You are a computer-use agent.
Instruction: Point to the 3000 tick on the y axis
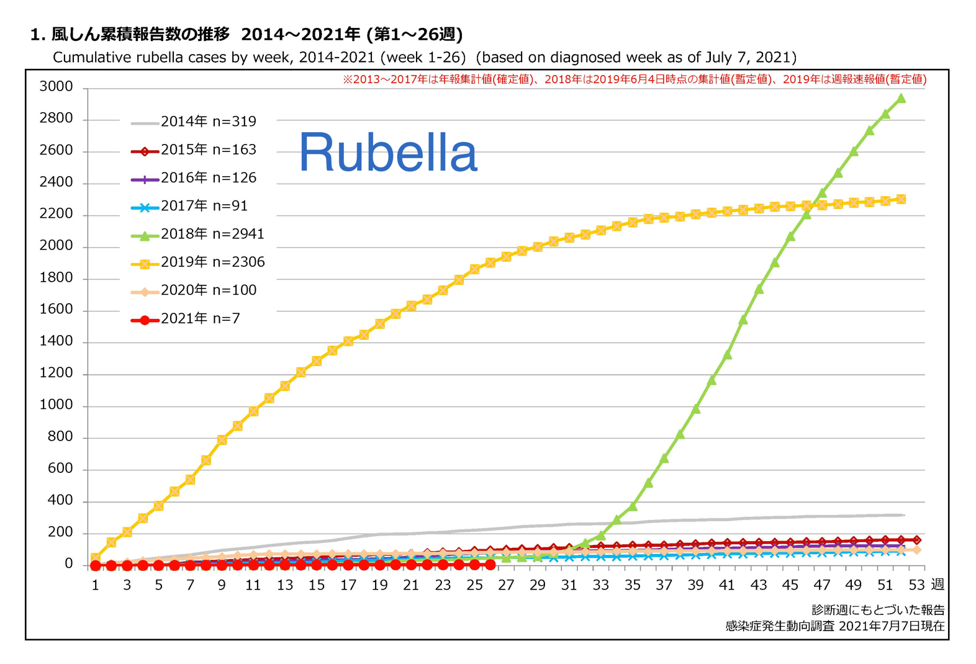coord(56,87)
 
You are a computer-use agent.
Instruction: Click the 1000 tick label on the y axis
coord(56,405)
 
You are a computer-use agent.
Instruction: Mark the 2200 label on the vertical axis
coord(56,214)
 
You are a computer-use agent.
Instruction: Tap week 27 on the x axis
coord(506,585)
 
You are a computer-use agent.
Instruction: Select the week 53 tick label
coord(916,585)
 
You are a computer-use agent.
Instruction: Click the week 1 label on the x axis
coord(96,585)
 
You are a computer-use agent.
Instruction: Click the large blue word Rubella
coord(388,153)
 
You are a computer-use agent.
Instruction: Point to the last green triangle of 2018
coord(901,98)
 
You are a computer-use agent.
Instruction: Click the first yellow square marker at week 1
coord(96,558)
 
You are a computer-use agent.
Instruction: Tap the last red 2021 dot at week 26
coord(490,565)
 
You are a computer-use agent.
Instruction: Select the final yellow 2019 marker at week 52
coord(901,199)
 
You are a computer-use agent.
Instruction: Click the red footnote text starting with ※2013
coord(634,79)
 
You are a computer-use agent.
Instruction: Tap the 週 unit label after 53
coord(938,585)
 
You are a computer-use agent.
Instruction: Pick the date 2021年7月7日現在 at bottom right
coord(892,626)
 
